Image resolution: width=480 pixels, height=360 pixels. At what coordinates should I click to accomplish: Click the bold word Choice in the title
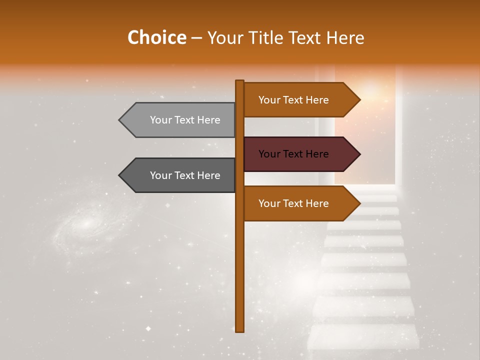(156, 38)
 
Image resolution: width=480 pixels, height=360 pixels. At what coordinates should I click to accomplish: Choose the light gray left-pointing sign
(180, 120)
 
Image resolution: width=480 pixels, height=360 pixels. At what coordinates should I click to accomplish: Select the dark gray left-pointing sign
(180, 175)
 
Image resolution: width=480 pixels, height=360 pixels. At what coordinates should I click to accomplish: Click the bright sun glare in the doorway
(371, 90)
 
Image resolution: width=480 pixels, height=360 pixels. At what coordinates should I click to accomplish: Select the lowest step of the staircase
(363, 337)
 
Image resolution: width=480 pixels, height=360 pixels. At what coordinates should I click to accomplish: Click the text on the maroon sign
(293, 154)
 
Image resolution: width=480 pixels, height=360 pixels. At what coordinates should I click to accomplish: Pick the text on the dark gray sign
(185, 175)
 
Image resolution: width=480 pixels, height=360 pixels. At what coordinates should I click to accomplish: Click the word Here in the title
(345, 38)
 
